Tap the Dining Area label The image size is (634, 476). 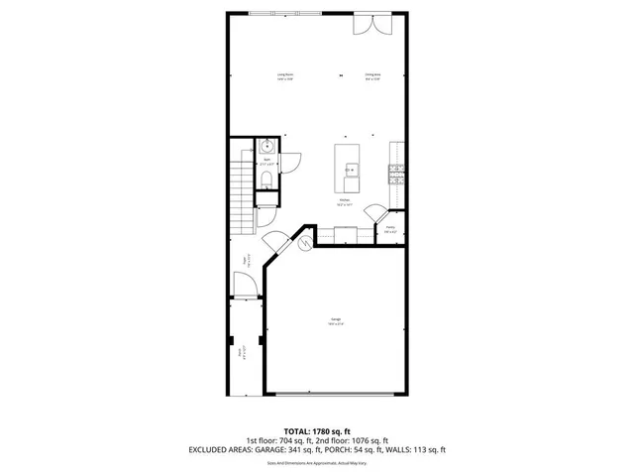pyautogui.click(x=373, y=76)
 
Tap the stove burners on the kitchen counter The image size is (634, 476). pyautogui.click(x=396, y=175)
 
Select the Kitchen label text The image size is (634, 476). pyautogui.click(x=344, y=202)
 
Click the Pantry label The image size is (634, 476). pyautogui.click(x=390, y=230)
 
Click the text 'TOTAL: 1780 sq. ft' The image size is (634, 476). pyautogui.click(x=316, y=429)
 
